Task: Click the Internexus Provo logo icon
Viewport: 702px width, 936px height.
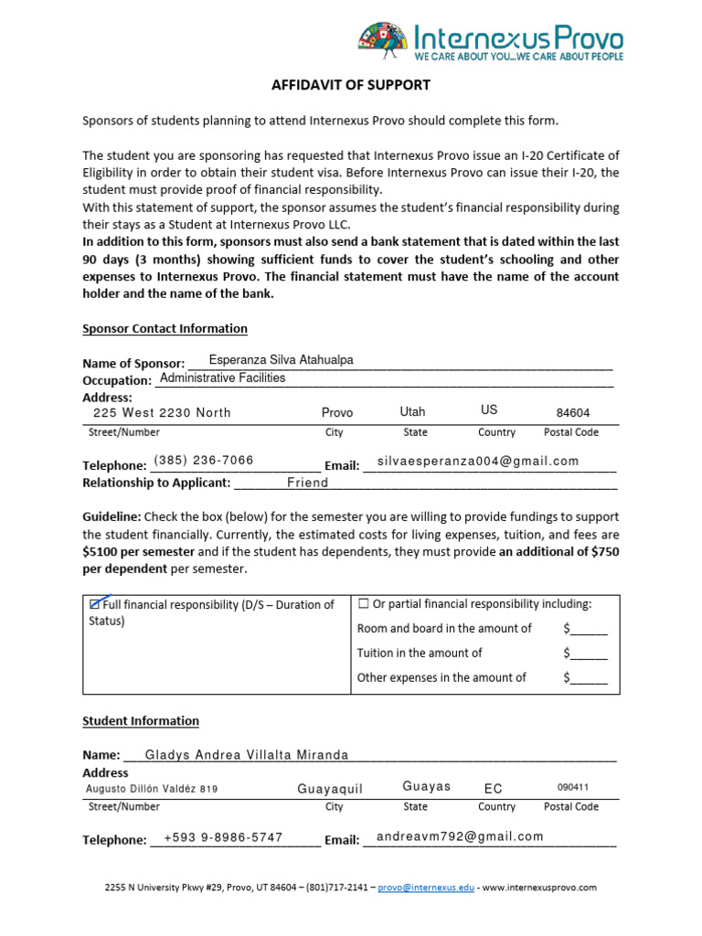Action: point(384,42)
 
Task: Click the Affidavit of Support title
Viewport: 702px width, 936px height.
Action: point(351,85)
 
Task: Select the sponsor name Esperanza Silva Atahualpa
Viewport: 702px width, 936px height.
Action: point(281,360)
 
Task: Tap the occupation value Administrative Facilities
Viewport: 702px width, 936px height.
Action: point(222,378)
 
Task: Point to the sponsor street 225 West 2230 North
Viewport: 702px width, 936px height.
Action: point(162,412)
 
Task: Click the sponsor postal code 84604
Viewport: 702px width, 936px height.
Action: point(573,412)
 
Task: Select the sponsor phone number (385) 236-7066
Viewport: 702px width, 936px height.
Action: point(204,460)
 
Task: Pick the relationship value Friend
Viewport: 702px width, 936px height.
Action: point(307,482)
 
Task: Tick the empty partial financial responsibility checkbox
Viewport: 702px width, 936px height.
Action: point(364,603)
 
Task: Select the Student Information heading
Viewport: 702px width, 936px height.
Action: point(141,720)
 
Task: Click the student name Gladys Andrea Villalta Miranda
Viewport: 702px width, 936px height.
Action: point(247,755)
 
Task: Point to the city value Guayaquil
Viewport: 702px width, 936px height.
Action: point(330,789)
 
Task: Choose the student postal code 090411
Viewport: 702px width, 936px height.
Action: point(573,787)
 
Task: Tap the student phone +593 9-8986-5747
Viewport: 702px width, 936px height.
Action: point(223,836)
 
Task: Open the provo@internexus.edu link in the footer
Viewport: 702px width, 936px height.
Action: point(426,887)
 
